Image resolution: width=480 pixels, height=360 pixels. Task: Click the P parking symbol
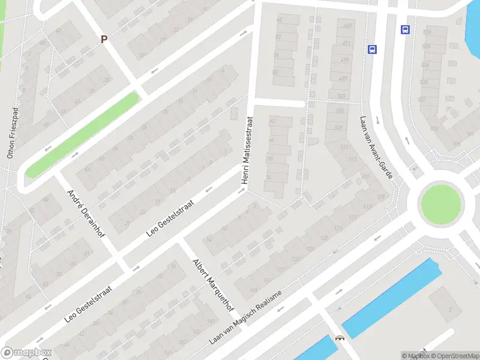[x=104, y=39]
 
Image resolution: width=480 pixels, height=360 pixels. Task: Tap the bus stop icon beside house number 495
[x=373, y=50]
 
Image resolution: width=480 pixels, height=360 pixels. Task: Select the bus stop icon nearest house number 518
[x=406, y=29]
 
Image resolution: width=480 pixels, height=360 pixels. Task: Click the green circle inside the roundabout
[x=442, y=204]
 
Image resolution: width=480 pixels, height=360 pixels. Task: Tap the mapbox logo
[x=26, y=353]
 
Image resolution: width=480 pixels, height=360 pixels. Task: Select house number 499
[x=343, y=79]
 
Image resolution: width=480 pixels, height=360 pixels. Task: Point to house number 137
[x=267, y=280]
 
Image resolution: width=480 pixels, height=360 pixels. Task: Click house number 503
[x=341, y=96]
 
